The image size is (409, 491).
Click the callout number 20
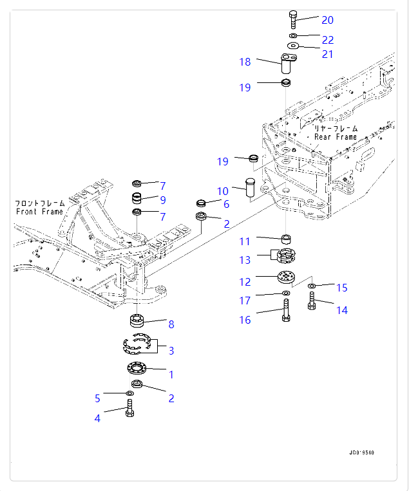(x=328, y=20)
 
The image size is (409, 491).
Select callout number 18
(x=245, y=62)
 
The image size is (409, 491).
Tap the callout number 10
(x=222, y=191)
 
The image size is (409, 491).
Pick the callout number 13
(x=245, y=259)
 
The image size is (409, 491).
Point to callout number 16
(x=245, y=320)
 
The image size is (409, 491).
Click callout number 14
(x=341, y=310)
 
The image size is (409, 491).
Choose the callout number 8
(x=171, y=324)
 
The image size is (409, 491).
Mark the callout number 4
(x=97, y=418)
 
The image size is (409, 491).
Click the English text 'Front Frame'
(x=40, y=212)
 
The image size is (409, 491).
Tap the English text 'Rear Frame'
(x=335, y=137)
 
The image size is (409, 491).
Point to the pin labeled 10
(x=250, y=191)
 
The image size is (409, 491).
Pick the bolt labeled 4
(x=129, y=407)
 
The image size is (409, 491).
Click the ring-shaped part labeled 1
(x=138, y=368)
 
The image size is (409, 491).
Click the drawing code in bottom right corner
(x=361, y=452)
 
